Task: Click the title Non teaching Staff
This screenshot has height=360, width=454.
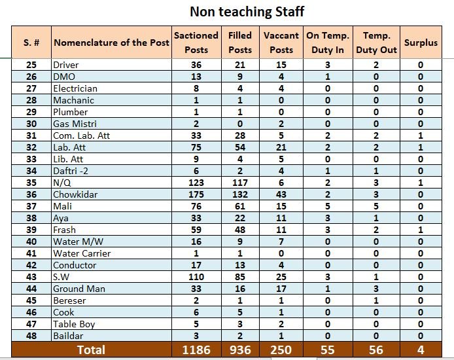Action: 247,12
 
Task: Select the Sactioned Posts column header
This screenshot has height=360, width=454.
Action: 196,43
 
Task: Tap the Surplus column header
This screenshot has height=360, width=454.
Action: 421,43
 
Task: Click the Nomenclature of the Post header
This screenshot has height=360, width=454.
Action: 111,43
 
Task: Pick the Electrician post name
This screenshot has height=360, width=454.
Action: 75,88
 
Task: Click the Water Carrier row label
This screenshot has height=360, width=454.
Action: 82,253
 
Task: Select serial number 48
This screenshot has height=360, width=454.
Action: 31,336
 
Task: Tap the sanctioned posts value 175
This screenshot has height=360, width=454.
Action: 196,194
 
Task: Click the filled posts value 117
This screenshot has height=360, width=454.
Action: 240,183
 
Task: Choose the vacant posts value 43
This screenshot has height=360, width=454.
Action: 281,194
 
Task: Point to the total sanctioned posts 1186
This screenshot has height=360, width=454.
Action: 196,350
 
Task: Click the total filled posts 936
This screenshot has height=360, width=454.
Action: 240,350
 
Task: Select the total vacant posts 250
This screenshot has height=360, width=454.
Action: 281,350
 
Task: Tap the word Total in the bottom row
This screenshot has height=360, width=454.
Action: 91,350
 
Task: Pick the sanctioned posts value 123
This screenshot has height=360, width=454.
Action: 196,183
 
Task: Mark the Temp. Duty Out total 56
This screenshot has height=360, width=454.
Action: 376,350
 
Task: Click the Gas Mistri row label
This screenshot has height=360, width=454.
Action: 74,124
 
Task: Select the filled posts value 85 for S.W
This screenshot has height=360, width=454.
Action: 240,277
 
